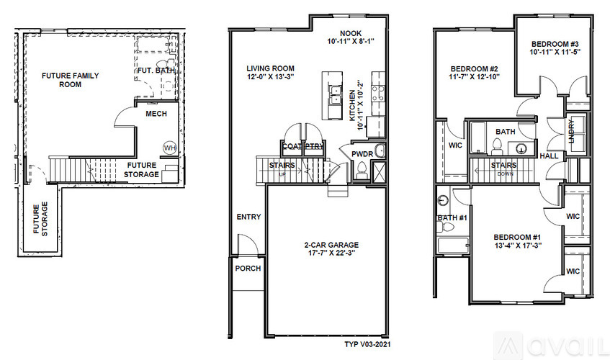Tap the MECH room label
pyautogui.click(x=156, y=114)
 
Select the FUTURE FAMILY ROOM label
pyautogui.click(x=71, y=80)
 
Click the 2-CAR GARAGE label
pyautogui.click(x=331, y=245)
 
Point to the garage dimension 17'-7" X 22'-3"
pyautogui.click(x=331, y=253)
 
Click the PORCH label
pyautogui.click(x=248, y=269)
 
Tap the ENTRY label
pyautogui.click(x=248, y=217)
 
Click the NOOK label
pyautogui.click(x=351, y=33)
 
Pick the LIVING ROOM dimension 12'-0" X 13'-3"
pyautogui.click(x=270, y=76)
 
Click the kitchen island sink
pyautogui.click(x=334, y=95)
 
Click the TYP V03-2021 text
pyautogui.click(x=367, y=344)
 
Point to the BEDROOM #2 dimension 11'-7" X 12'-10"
pyautogui.click(x=474, y=77)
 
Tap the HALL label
pyautogui.click(x=549, y=156)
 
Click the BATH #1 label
pyautogui.click(x=452, y=217)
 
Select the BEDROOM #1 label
pyautogui.click(x=517, y=237)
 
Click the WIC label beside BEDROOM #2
pyautogui.click(x=455, y=145)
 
